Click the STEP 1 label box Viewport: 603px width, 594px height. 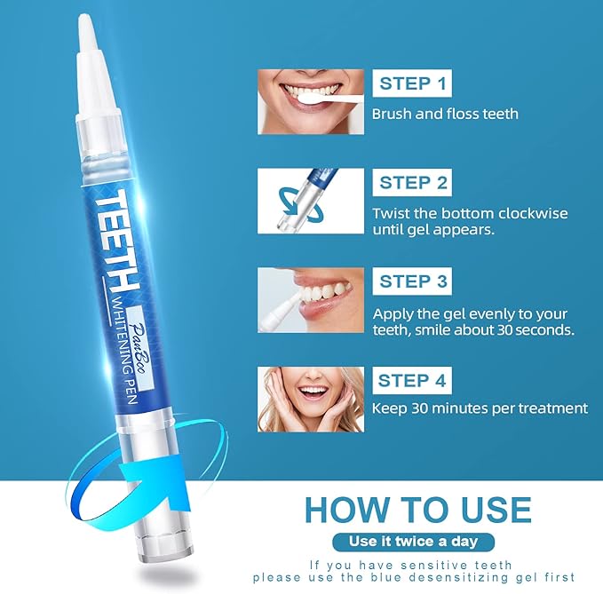(x=413, y=84)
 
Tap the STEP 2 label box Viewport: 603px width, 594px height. (x=413, y=183)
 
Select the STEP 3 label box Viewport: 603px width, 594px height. (x=413, y=281)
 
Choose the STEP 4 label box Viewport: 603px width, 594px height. (x=413, y=381)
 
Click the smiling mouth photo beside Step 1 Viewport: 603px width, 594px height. (x=311, y=102)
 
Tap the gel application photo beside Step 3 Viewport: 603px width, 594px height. (x=311, y=300)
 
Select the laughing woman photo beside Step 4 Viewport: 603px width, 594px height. (x=311, y=399)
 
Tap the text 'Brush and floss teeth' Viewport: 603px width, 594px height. (x=445, y=114)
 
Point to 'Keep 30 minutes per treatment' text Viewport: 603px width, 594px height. (x=480, y=408)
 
